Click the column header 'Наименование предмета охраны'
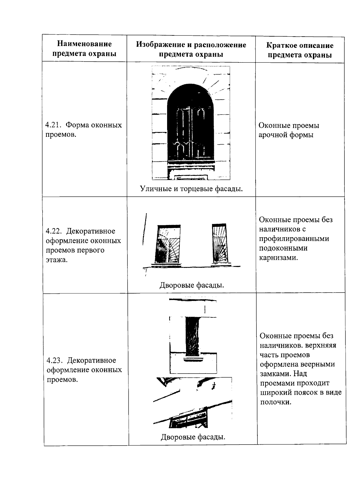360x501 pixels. pos(84,49)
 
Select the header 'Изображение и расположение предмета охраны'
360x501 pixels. pos(191,49)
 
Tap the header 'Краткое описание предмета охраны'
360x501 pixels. pos(300,50)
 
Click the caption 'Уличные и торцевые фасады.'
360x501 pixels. pos(191,189)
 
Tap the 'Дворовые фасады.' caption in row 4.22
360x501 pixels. pos(192,285)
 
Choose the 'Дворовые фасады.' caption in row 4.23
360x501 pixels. pos(193,437)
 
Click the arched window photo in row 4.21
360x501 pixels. pos(190,123)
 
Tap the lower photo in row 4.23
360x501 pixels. pos(193,403)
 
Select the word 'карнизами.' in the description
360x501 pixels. pos(279,258)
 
